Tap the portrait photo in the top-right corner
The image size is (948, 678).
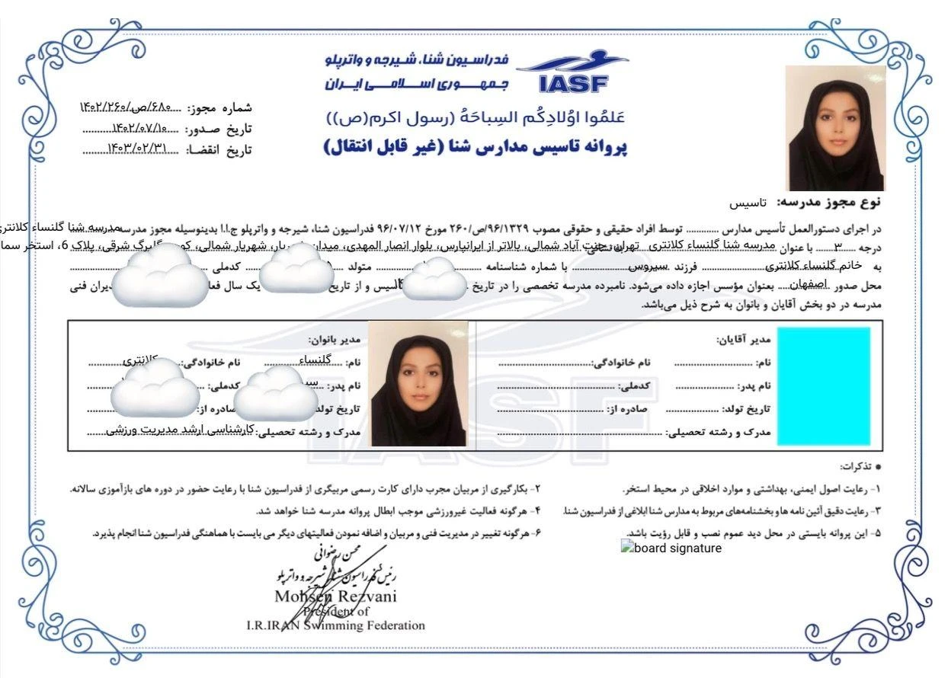point(834,128)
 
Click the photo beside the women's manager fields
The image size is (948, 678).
point(419,384)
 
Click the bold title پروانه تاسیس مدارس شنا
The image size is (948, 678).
point(476,147)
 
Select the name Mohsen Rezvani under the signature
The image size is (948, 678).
point(335,596)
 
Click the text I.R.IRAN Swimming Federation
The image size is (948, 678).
point(335,625)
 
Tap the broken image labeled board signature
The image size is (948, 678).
point(671,548)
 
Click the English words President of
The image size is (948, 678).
point(335,611)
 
